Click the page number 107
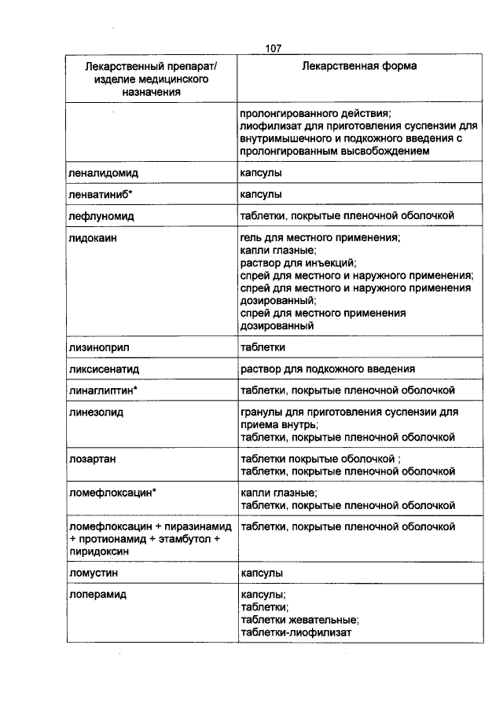274,49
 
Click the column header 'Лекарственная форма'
359,66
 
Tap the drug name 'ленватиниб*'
100,193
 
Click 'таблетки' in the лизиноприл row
263,346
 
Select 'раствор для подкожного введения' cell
328,368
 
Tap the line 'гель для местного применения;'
321,236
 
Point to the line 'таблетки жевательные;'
300,619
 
